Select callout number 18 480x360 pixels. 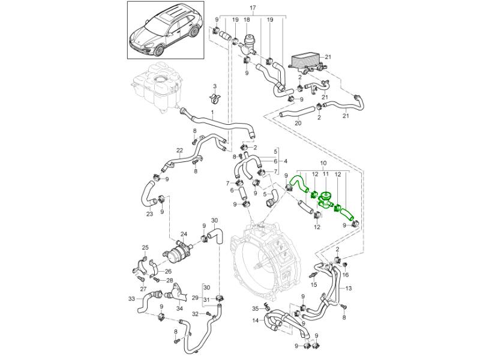coord(246,20)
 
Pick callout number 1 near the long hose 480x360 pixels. coord(212,113)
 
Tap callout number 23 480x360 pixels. coord(149,214)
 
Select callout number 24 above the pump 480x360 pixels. coord(184,234)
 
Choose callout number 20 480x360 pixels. coord(298,123)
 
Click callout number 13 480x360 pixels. coord(349,289)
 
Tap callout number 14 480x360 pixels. coord(256,320)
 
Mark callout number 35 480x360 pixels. coord(254,308)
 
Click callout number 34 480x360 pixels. coord(180,309)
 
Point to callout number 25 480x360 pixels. coord(145,247)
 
